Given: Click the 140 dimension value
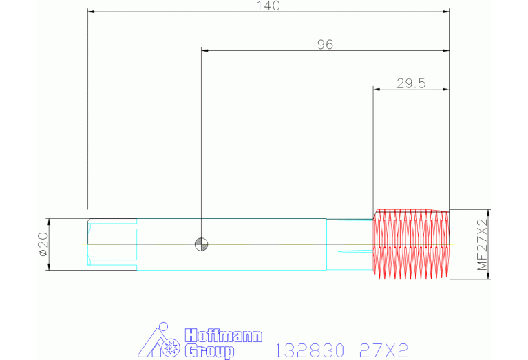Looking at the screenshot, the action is (x=268, y=6).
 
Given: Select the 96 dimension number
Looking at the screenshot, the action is (x=326, y=45).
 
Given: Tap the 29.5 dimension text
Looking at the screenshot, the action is (x=411, y=83).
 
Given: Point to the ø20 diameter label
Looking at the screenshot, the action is (x=44, y=244).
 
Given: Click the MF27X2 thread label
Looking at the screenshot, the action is (x=483, y=244).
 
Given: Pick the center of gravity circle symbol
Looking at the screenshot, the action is (x=202, y=244).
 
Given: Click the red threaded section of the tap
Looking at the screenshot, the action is (x=411, y=244).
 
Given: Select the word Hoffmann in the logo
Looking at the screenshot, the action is (x=224, y=336).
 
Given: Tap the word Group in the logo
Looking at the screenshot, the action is (x=209, y=351).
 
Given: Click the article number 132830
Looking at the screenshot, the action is (x=310, y=350).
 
